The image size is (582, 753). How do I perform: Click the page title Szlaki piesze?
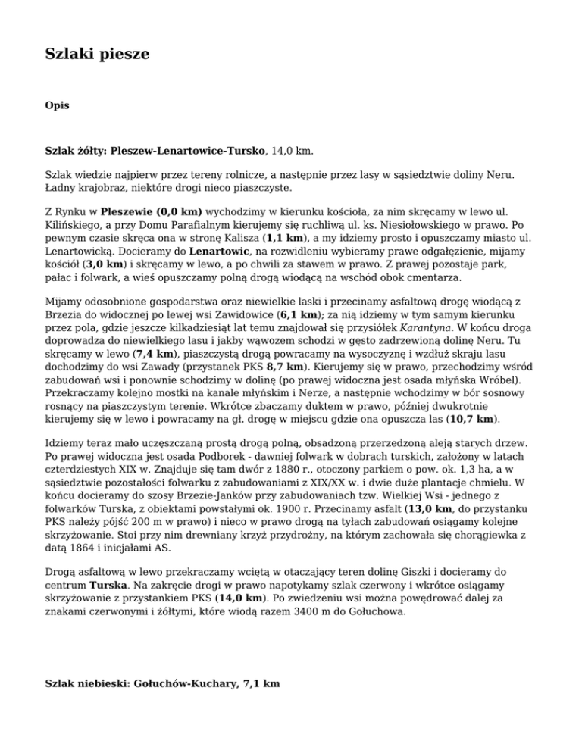click(x=97, y=54)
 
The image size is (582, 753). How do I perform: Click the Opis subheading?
click(x=58, y=106)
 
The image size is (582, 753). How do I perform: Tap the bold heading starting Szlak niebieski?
click(x=162, y=683)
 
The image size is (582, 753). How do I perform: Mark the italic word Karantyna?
click(x=429, y=327)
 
